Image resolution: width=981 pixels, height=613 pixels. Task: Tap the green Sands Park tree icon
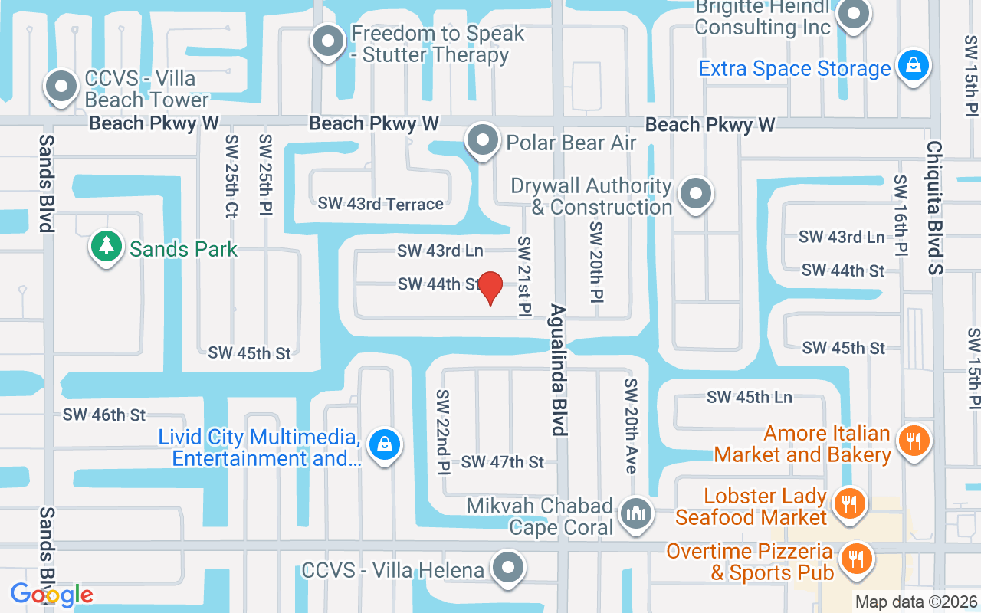point(107,247)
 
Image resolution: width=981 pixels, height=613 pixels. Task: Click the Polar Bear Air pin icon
point(483,141)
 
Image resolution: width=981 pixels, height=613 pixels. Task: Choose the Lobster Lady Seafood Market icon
point(848,505)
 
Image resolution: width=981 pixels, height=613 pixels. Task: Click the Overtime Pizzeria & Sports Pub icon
point(856,559)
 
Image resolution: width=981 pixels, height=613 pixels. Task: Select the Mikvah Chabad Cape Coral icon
point(636,513)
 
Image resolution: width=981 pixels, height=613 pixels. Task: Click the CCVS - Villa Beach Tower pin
point(62,87)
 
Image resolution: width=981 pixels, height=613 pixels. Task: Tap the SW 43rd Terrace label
point(381,204)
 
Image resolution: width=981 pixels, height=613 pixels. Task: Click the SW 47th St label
point(502,461)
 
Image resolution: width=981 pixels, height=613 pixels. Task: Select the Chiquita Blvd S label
point(935,207)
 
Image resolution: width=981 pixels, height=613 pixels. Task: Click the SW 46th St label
point(104,415)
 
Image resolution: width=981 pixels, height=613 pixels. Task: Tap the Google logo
point(51,595)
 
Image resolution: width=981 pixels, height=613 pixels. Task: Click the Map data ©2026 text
point(916,602)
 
